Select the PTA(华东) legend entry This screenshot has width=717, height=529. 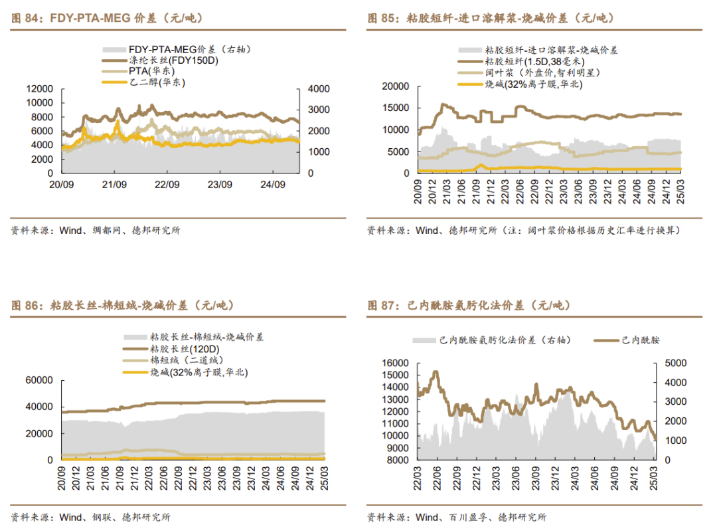click(x=148, y=71)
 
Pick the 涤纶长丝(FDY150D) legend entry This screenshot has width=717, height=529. click(x=173, y=60)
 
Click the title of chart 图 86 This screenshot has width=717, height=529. click(x=123, y=306)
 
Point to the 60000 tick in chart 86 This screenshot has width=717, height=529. click(x=39, y=380)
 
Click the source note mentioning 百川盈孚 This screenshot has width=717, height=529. click(x=457, y=517)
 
